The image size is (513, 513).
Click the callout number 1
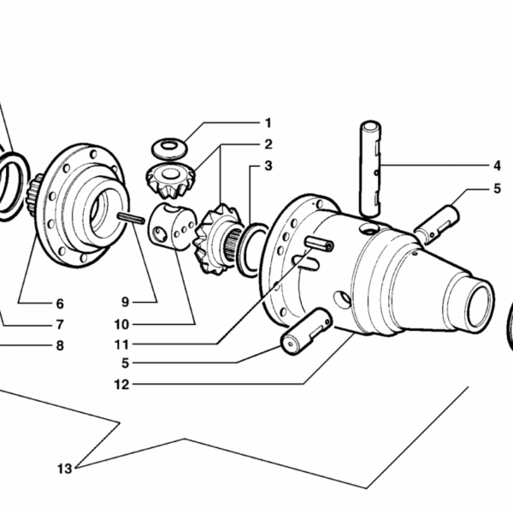[x=268, y=123]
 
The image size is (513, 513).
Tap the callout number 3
[x=268, y=166]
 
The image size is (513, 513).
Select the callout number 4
[x=497, y=166]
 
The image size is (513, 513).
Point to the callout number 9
[x=126, y=302]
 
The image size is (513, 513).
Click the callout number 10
[x=121, y=325]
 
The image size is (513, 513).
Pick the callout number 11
[x=121, y=345]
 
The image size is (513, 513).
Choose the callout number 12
[x=121, y=385]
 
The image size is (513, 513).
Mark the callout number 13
[x=64, y=469]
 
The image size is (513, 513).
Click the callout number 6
[x=60, y=304]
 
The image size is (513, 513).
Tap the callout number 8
[x=60, y=345]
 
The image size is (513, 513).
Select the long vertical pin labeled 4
[x=370, y=168]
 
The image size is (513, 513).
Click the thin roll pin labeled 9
[x=131, y=218]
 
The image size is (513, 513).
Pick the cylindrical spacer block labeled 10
[x=173, y=227]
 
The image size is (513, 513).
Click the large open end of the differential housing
[x=481, y=305]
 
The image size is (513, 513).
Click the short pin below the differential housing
[x=307, y=331]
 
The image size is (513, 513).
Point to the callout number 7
[x=60, y=325]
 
